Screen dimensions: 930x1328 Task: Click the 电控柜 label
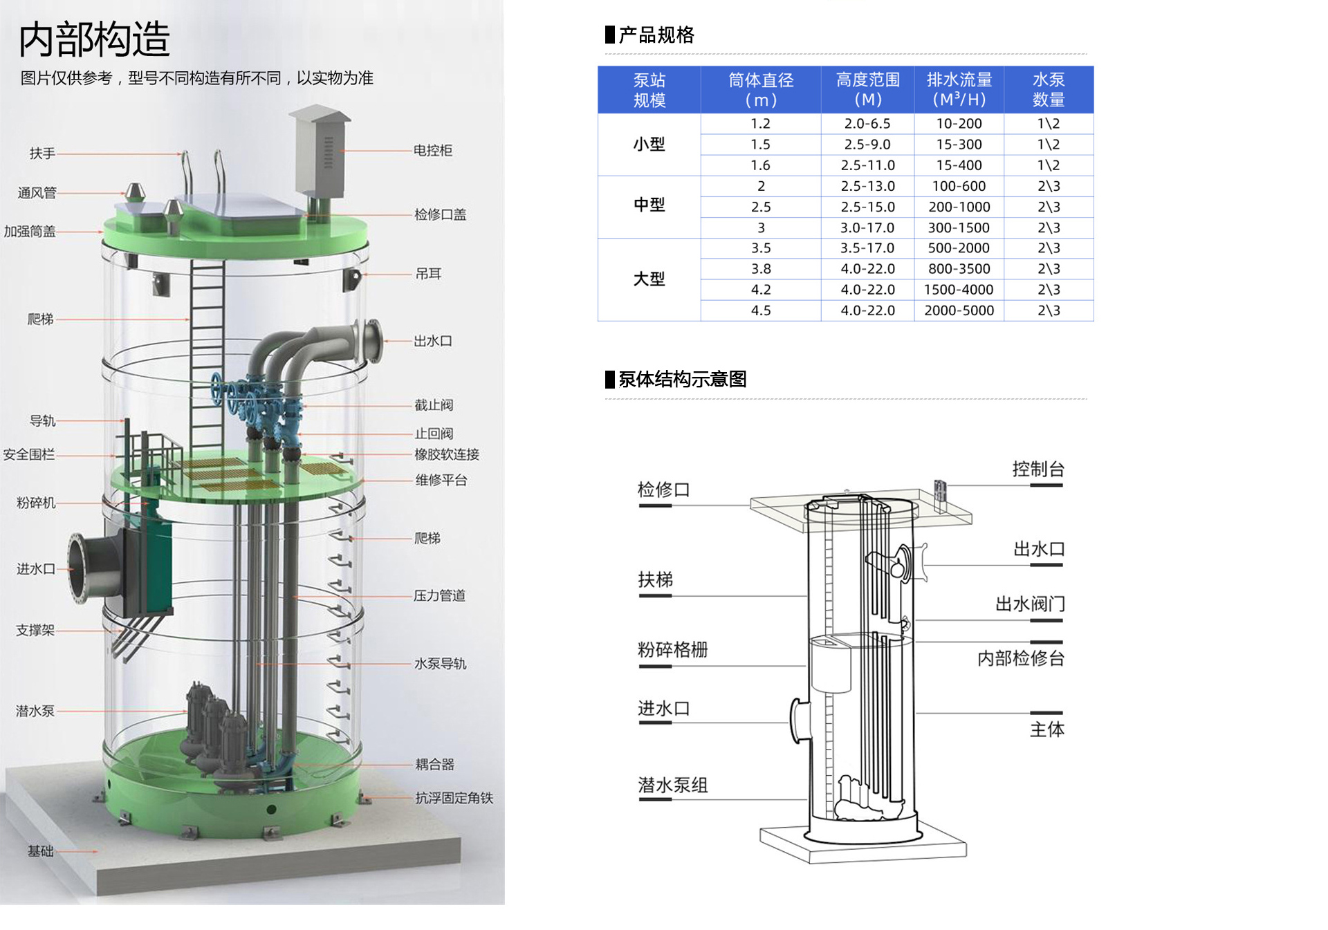pyautogui.click(x=432, y=151)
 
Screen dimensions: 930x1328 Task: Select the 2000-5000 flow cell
pyautogui.click(x=959, y=310)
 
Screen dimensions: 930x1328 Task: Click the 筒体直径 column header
pyautogui.click(x=761, y=90)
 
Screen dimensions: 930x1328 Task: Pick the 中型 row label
pyautogui.click(x=649, y=205)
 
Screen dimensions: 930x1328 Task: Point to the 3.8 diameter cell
pyautogui.click(x=761, y=269)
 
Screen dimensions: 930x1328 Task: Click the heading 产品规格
pyautogui.click(x=656, y=35)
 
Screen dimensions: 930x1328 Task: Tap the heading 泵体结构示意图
pyautogui.click(x=682, y=379)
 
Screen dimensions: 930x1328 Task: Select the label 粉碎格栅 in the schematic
pyautogui.click(x=672, y=650)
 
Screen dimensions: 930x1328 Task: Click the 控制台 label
pyautogui.click(x=1037, y=469)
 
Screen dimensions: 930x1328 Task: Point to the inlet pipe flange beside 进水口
pyautogui.click(x=81, y=568)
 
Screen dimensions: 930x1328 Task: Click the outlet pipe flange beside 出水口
pyautogui.click(x=372, y=341)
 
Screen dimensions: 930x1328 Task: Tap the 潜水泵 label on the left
pyautogui.click(x=35, y=711)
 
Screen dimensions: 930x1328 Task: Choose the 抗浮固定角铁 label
pyautogui.click(x=454, y=798)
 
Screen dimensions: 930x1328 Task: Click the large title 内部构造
pyautogui.click(x=95, y=39)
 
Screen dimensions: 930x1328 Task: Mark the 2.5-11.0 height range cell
pyautogui.click(x=867, y=165)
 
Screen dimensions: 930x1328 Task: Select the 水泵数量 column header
pyautogui.click(x=1048, y=90)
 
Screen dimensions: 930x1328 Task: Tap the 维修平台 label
pyautogui.click(x=441, y=480)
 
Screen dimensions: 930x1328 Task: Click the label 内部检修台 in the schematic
pyautogui.click(x=1020, y=658)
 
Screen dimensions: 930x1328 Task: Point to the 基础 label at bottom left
pyautogui.click(x=40, y=851)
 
